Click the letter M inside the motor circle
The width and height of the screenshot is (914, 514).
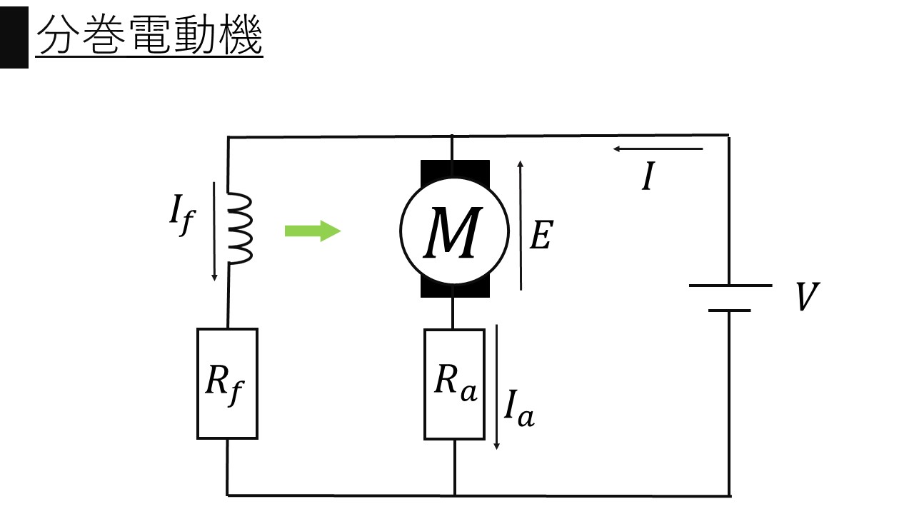(451, 232)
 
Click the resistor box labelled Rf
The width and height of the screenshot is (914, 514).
(227, 383)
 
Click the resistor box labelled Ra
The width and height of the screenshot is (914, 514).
(454, 384)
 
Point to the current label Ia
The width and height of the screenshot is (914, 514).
(518, 408)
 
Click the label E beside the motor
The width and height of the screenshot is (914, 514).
(541, 235)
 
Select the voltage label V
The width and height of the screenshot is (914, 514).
(808, 298)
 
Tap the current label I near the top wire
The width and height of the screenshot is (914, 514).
(648, 177)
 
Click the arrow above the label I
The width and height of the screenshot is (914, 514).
(658, 149)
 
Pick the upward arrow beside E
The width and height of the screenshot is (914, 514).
(521, 225)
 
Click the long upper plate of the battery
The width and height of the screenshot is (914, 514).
(730, 286)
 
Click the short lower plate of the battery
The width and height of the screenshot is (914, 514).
(730, 311)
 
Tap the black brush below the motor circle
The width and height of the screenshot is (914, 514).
(455, 289)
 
